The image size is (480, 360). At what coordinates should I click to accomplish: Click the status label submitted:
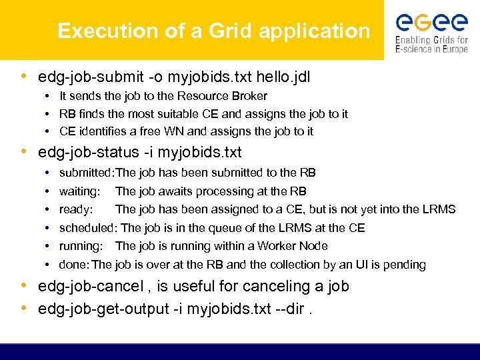point(87,173)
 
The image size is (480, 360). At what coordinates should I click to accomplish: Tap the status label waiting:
point(79,191)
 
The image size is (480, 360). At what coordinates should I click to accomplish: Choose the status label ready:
point(75,209)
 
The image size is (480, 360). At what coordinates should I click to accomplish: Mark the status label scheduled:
point(89,228)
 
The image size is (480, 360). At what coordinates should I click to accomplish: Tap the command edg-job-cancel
point(91,287)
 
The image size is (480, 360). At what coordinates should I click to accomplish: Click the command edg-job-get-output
point(107,309)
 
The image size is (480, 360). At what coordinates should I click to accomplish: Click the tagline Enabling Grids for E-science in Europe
point(431,45)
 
